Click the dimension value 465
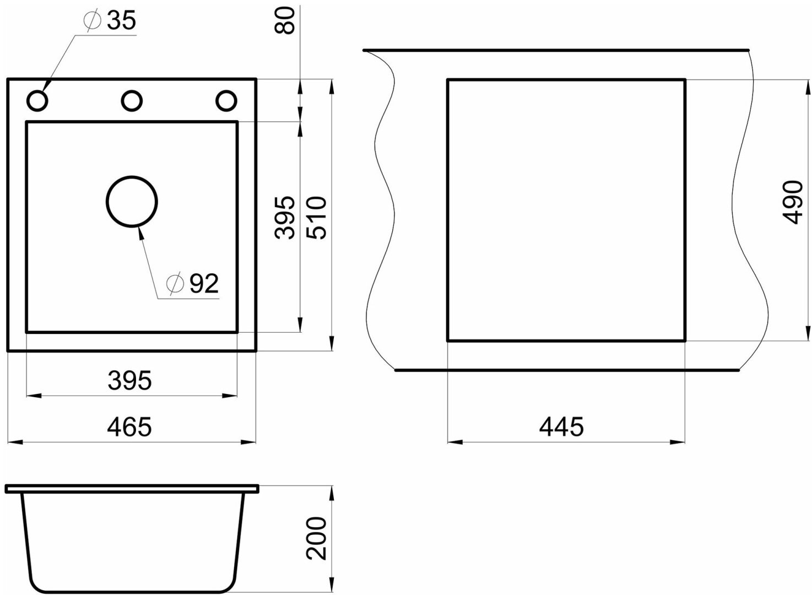[x=129, y=427]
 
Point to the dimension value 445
[x=561, y=427]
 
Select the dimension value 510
[x=316, y=218]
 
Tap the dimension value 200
[x=316, y=541]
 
